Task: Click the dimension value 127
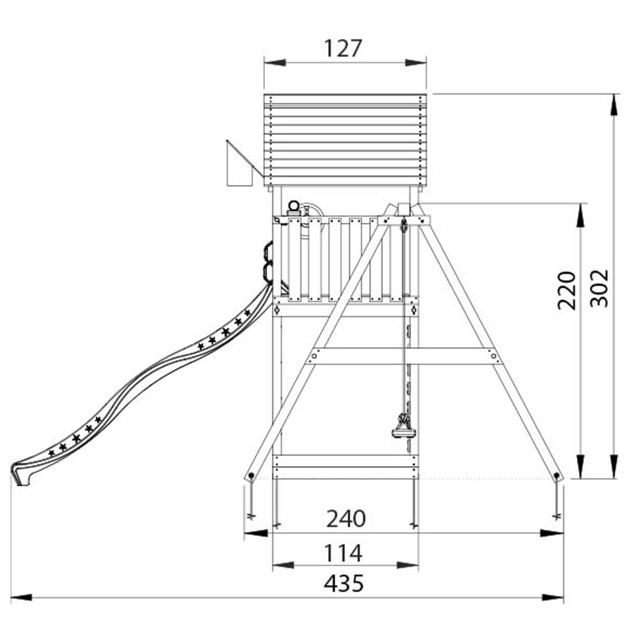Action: pyautogui.click(x=343, y=49)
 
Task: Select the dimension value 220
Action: pyautogui.click(x=567, y=290)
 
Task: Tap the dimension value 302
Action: pyautogui.click(x=599, y=288)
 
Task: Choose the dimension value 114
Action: pyautogui.click(x=343, y=553)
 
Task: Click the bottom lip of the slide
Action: pyautogui.click(x=21, y=475)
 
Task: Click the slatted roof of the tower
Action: pyautogui.click(x=345, y=140)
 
